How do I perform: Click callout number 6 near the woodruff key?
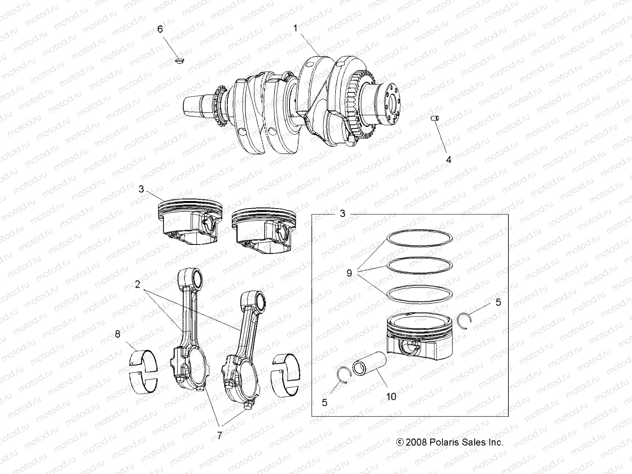160,29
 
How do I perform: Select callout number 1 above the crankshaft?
295,28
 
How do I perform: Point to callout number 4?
448,160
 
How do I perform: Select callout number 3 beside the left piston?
141,189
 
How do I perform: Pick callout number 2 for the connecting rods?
137,284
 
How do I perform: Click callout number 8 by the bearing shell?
117,334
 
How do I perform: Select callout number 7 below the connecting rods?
220,435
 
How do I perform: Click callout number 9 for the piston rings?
349,273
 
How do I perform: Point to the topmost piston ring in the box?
419,238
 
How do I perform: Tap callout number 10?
391,396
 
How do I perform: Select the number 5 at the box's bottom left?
324,403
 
